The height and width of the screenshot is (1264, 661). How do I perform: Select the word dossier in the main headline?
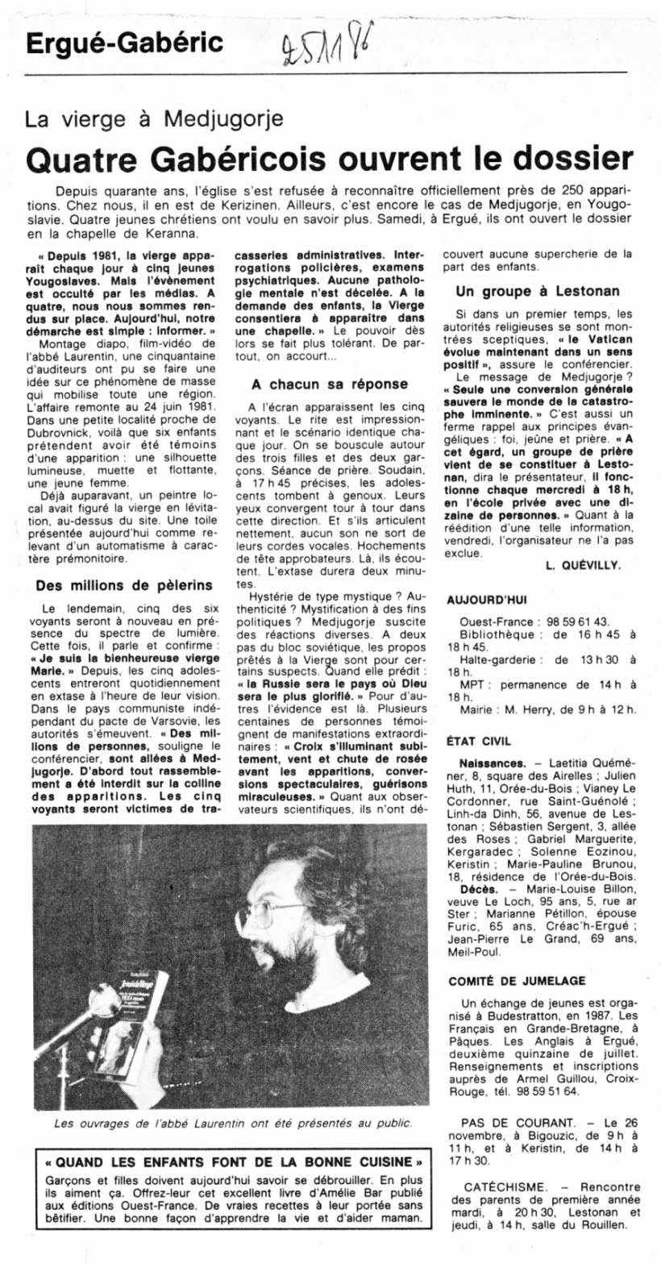(563, 159)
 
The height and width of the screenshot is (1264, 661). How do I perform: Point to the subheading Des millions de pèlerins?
(124, 584)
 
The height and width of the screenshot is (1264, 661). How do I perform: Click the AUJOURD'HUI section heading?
(486, 601)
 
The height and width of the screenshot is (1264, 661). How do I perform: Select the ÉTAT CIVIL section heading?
(478, 739)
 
